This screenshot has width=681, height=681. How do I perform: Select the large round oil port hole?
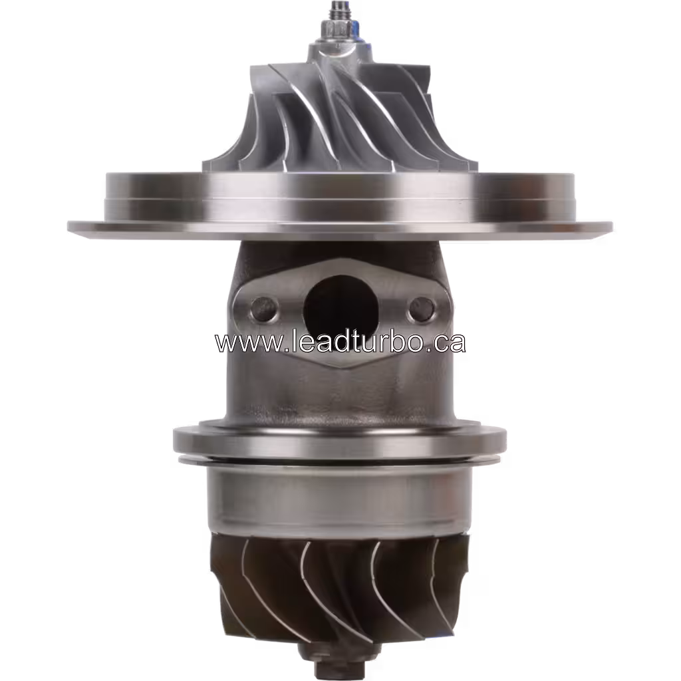[x=341, y=305]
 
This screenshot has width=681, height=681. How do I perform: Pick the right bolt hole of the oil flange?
[x=421, y=309]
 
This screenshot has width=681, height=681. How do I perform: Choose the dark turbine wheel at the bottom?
[x=339, y=585]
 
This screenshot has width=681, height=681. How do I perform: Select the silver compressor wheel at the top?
[x=339, y=120]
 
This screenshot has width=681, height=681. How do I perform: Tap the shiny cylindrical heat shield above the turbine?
[x=339, y=495]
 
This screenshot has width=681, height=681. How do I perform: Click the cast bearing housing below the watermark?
[x=339, y=392]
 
